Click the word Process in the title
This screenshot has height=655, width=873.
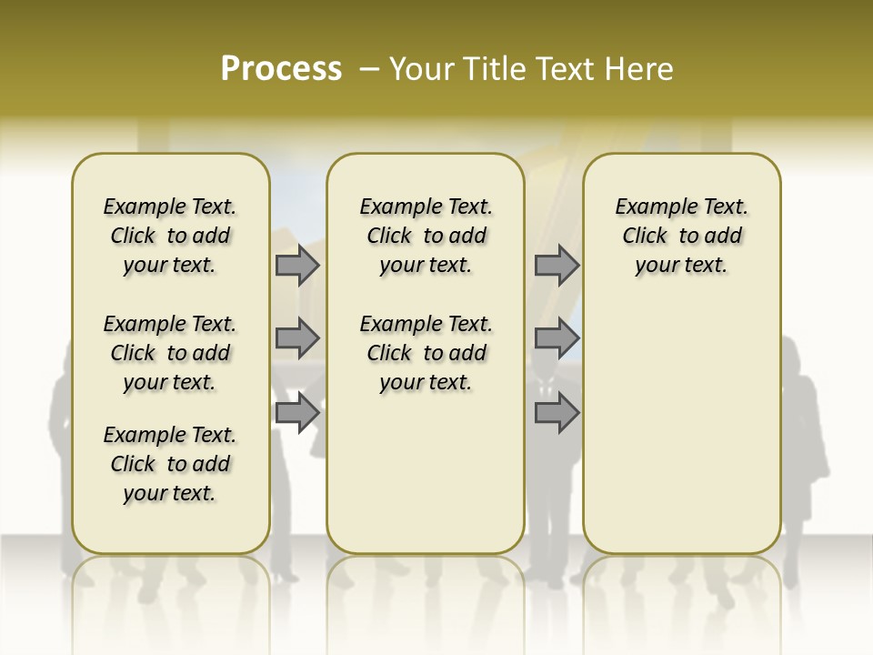click(281, 69)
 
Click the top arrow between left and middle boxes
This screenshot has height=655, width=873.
click(297, 266)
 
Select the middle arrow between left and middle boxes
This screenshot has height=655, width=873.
click(297, 338)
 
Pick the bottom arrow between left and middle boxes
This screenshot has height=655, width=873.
click(297, 412)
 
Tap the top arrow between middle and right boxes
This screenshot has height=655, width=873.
click(557, 266)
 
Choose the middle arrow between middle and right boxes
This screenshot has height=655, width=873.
click(557, 338)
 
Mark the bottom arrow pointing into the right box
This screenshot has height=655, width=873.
click(557, 412)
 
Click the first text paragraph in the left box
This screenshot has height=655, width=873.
click(170, 236)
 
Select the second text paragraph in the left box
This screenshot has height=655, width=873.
click(170, 353)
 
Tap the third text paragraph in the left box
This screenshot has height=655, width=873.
click(170, 464)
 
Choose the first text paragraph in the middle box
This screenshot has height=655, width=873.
click(426, 236)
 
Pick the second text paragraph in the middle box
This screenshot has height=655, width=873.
click(426, 353)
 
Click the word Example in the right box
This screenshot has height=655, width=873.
click(648, 207)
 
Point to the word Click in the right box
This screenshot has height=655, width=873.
click(645, 237)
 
